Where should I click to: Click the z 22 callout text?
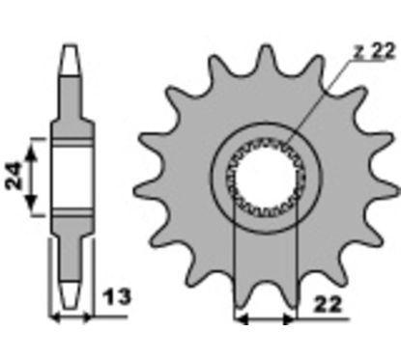tap(374, 51)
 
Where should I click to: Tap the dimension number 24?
tap(14, 177)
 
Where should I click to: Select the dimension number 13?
tap(117, 296)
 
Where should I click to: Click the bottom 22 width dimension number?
tap(327, 304)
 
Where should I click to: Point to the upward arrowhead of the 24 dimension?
tap(31, 152)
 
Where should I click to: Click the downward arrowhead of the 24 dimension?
tap(31, 202)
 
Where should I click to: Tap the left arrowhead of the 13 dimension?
tap(55, 318)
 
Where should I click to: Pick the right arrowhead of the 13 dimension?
tap(87, 318)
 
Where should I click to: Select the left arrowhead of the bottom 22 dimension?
tap(241, 319)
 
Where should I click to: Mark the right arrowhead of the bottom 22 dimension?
tap(289, 319)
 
